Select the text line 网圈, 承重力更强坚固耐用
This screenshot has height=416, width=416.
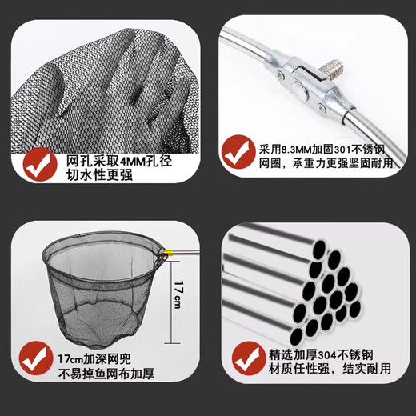point(327,163)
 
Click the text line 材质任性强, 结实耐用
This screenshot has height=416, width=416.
point(330,370)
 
